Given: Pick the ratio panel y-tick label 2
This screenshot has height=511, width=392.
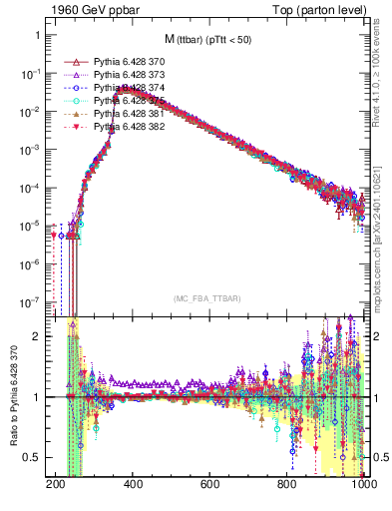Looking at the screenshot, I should (x=44, y=336).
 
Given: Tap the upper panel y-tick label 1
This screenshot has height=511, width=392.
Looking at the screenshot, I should (x=44, y=35).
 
